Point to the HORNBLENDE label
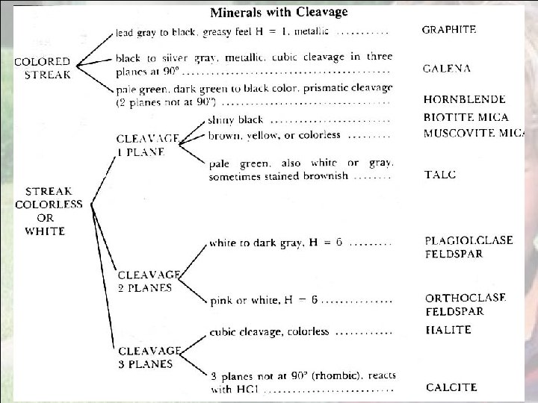tap(464, 99)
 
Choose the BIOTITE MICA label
tap(466, 117)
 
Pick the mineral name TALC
tap(440, 174)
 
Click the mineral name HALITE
tap(446, 329)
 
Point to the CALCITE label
tap(451, 387)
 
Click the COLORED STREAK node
tap(43, 67)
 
